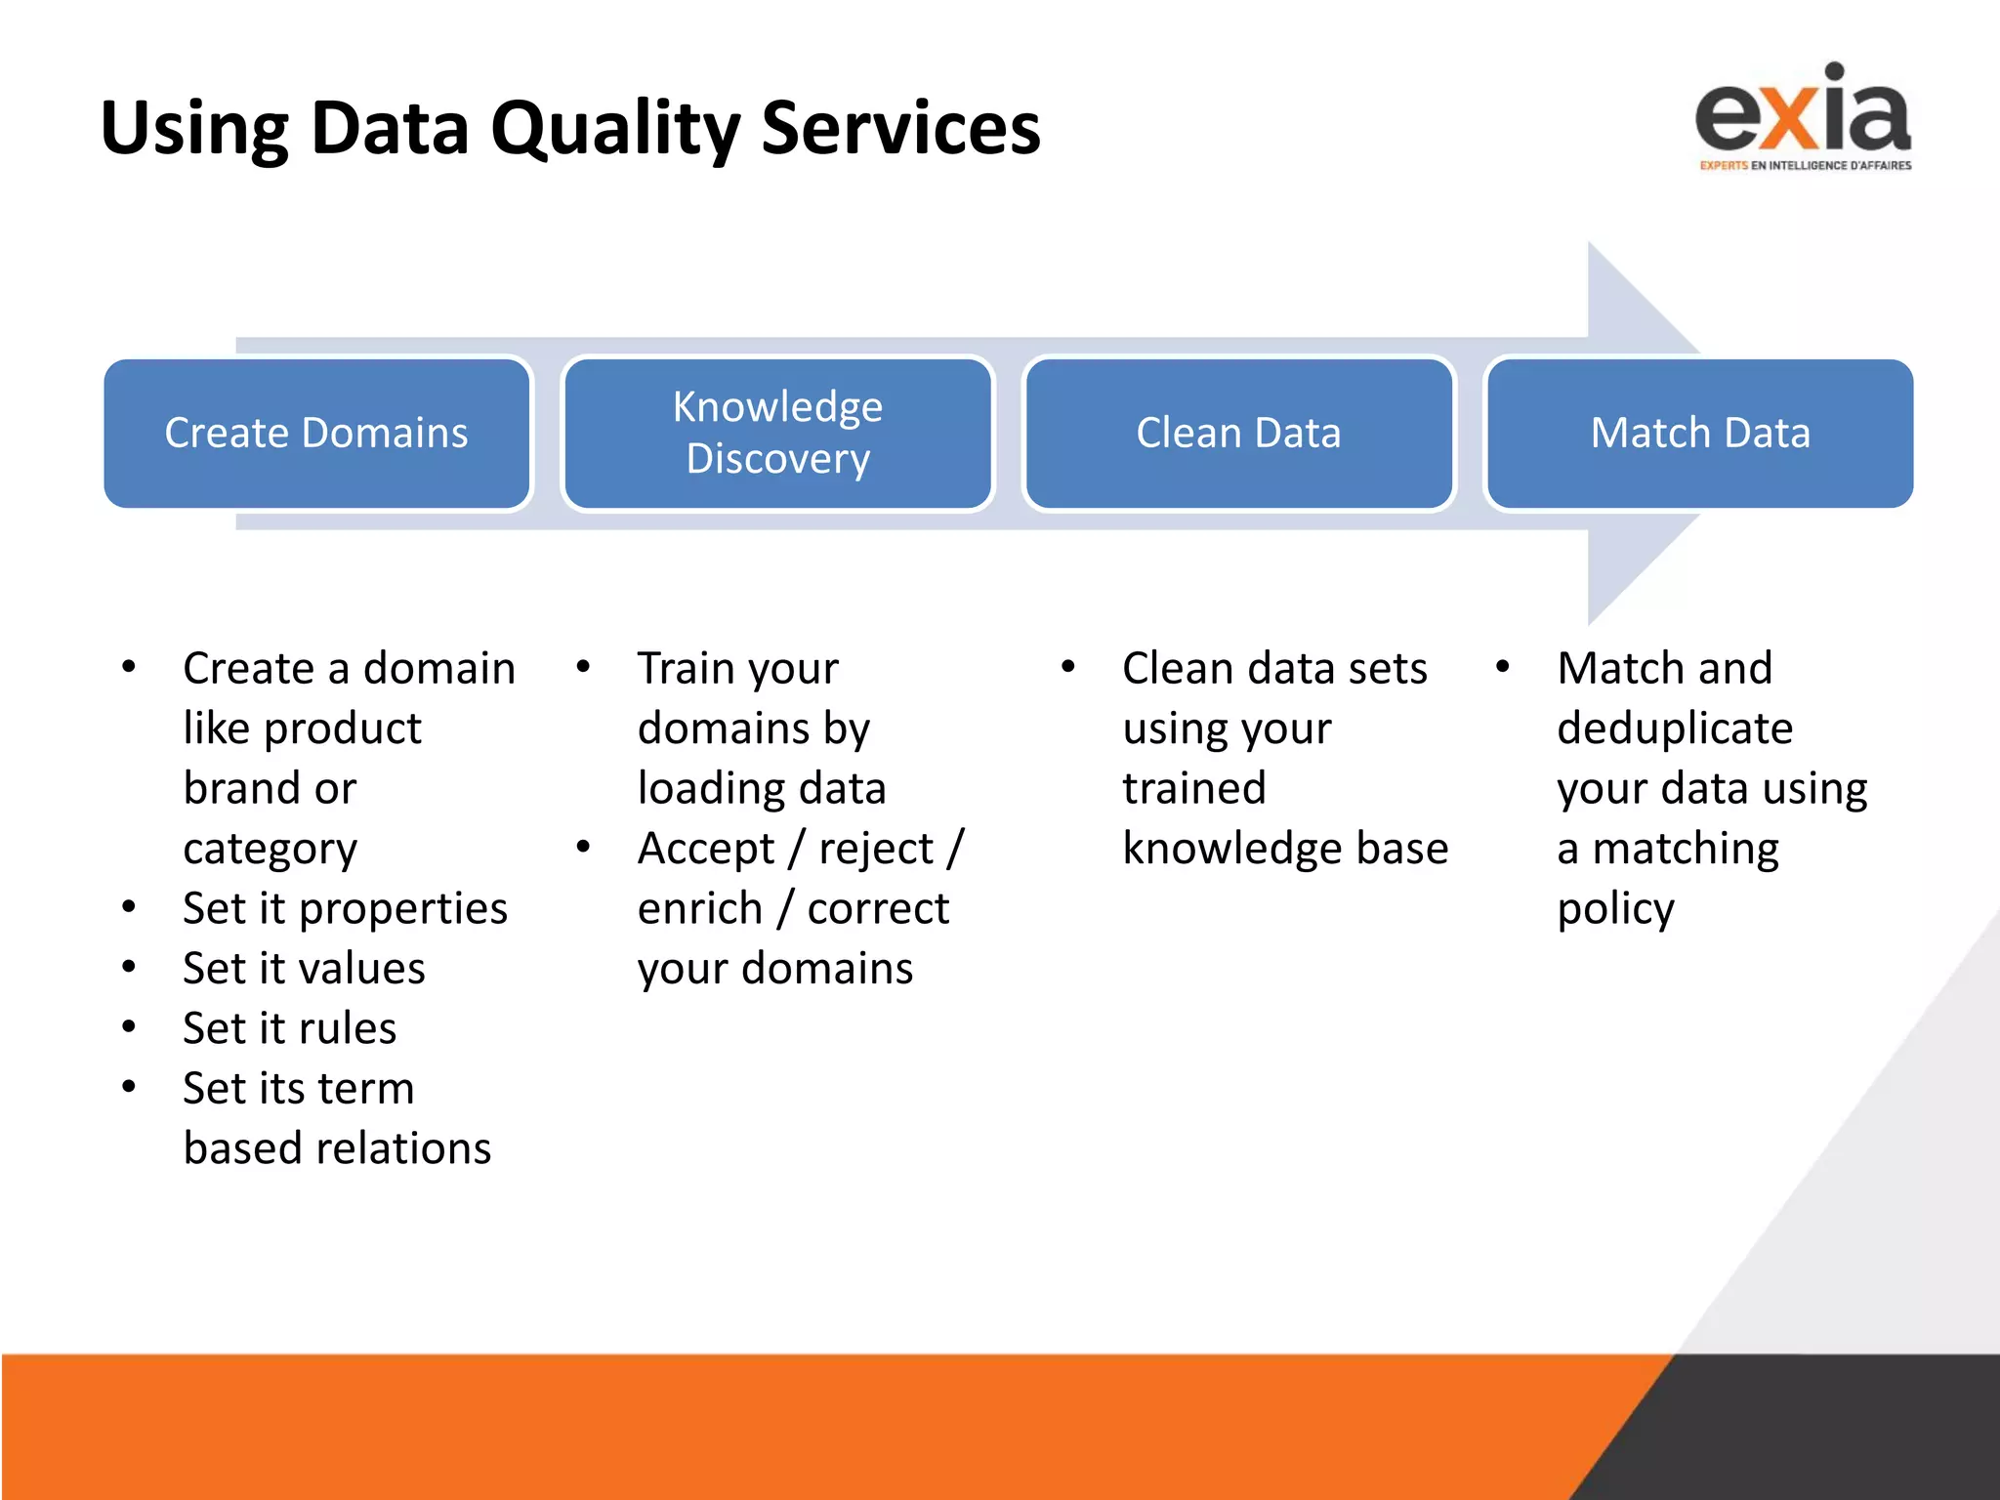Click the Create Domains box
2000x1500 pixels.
pos(316,433)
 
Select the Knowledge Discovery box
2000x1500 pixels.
pos(777,433)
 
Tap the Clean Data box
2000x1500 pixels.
pos(1238,433)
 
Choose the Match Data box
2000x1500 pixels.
pos(1699,433)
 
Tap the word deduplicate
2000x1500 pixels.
pos(1674,729)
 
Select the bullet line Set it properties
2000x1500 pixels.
pos(345,908)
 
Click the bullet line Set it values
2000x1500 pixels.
pos(304,969)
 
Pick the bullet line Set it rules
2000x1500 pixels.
pos(289,1028)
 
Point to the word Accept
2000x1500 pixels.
pos(705,849)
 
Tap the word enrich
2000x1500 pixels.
pos(699,908)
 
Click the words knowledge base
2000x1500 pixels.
pos(1285,848)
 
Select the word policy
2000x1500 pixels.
pos(1615,908)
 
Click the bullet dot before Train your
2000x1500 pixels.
pos(583,667)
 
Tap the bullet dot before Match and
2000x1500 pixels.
pos(1503,667)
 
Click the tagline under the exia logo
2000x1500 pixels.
pos(1805,165)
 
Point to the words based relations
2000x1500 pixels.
pos(337,1148)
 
